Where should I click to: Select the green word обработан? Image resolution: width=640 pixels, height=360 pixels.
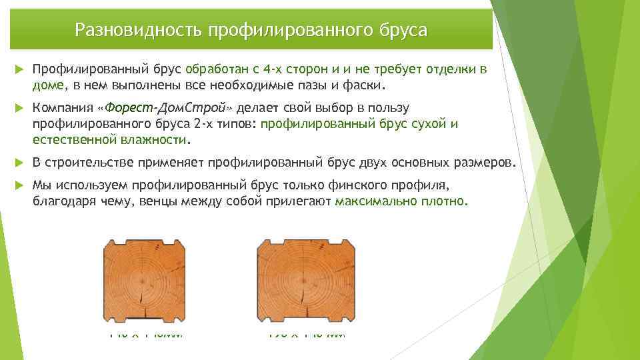click(x=216, y=69)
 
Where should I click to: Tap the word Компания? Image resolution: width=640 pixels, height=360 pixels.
click(x=62, y=108)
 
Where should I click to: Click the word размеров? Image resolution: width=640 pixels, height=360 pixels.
click(x=483, y=163)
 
